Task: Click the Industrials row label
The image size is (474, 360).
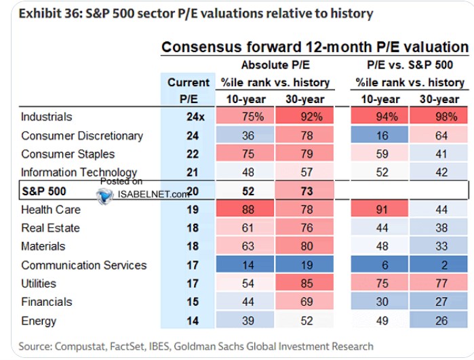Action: click(x=47, y=117)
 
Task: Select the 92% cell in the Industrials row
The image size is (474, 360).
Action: click(x=304, y=116)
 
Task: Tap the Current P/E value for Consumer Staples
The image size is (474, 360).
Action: click(x=193, y=154)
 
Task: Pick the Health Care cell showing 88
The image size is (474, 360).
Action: click(x=245, y=209)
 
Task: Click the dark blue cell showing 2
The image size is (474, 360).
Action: click(x=439, y=264)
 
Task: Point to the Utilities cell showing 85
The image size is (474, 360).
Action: click(x=304, y=283)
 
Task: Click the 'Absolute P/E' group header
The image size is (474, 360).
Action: click(x=275, y=65)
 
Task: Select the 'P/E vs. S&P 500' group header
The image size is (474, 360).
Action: click(x=410, y=65)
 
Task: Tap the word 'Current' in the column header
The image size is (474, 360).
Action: click(x=189, y=82)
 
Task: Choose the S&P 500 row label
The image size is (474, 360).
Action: click(x=44, y=191)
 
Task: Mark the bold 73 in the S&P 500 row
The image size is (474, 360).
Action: click(x=307, y=191)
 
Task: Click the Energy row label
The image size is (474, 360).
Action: click(x=39, y=321)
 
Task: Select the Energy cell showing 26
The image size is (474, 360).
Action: click(x=439, y=320)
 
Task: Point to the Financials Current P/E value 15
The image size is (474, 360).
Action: click(x=193, y=302)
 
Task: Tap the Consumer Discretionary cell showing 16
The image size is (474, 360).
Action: click(x=379, y=135)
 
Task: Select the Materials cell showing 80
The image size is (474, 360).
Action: click(x=304, y=245)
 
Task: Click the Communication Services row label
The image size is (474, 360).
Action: click(x=83, y=265)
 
